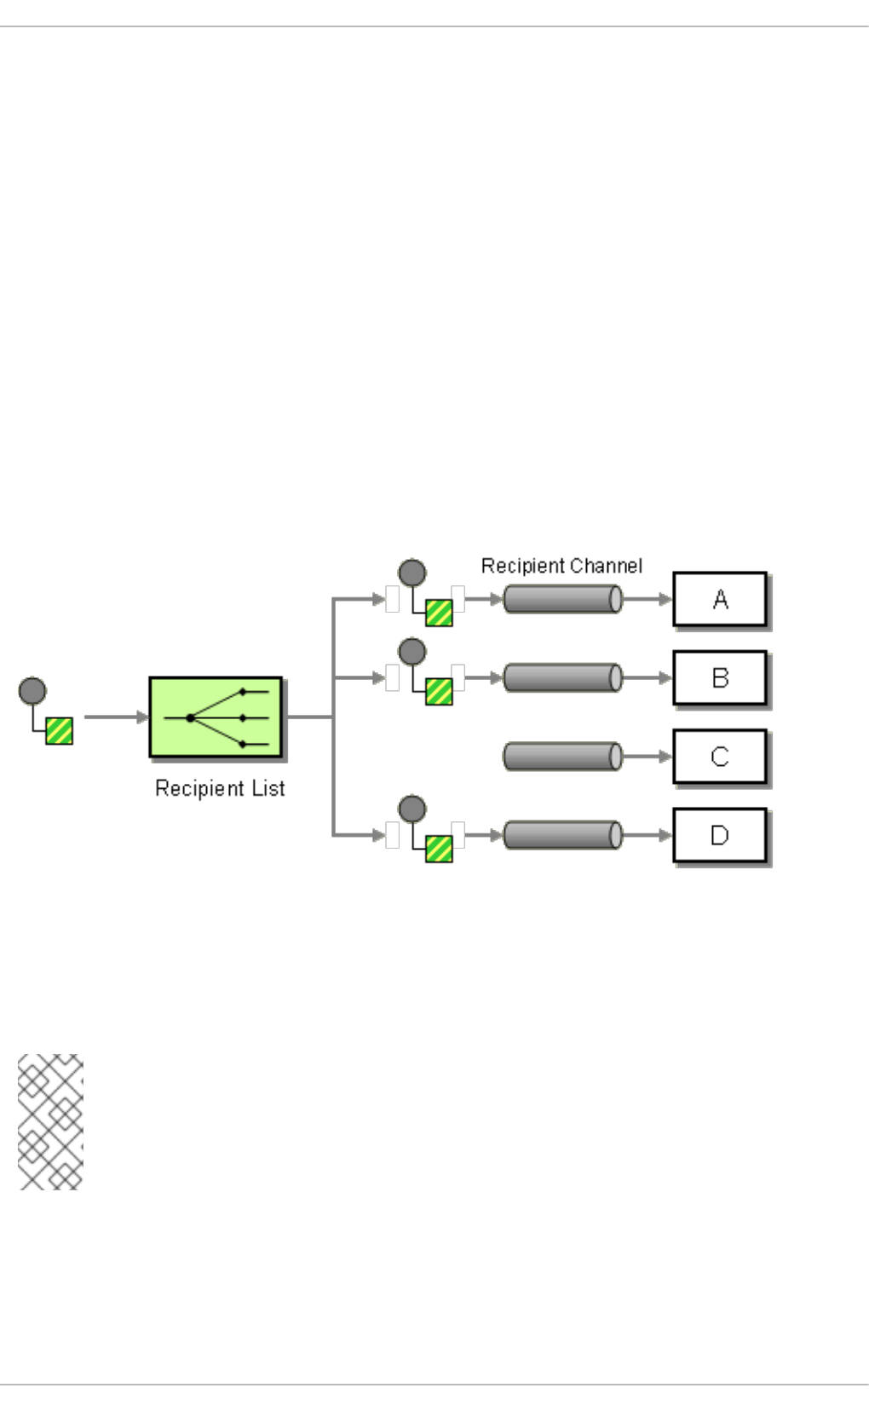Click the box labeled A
coord(719,599)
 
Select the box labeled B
coord(719,677)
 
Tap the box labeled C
coord(719,756)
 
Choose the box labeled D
coord(719,835)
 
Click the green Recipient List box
coord(216,717)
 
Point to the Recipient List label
coord(220,788)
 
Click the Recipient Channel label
coord(561,566)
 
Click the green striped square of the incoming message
coord(59,730)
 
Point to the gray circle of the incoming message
coord(32,691)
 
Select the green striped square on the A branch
coord(439,613)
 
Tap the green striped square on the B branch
coord(439,691)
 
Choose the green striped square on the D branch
coord(439,849)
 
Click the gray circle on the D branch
coord(412,809)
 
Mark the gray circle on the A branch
coord(412,573)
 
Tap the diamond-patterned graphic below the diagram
coord(50,1121)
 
